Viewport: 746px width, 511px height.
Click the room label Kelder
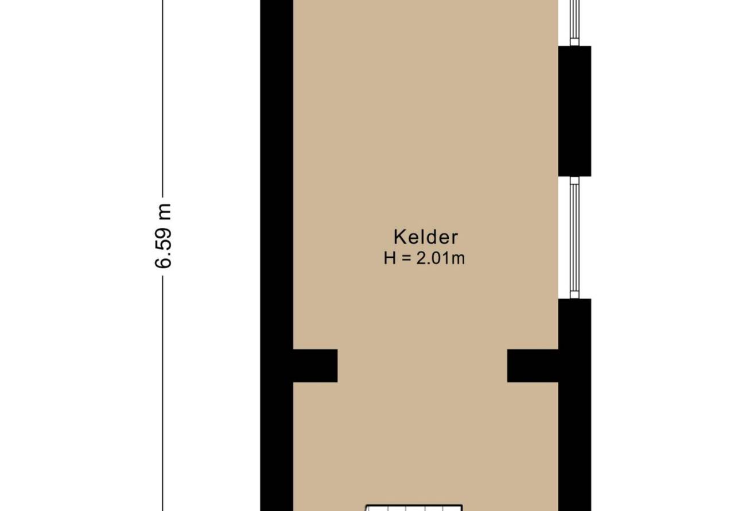tap(426, 237)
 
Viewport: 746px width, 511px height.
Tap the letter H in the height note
tap(390, 258)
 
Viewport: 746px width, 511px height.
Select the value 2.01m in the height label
tap(440, 258)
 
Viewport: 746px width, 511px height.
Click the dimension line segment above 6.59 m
tap(162, 98)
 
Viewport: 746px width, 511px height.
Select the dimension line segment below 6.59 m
tap(162, 393)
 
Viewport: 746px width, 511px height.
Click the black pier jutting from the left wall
tap(315, 366)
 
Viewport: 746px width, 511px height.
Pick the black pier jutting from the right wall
tap(533, 366)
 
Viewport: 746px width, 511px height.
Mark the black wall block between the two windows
tap(574, 111)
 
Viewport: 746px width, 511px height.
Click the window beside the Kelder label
tap(574, 238)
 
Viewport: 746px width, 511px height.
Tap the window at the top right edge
tap(574, 22)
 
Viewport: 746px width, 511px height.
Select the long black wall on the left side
tap(277, 255)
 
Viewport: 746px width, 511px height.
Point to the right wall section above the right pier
tap(574, 324)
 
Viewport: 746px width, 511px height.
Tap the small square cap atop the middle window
tap(574, 180)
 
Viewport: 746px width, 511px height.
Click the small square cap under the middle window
tap(574, 295)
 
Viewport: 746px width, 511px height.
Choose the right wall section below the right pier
tap(574, 446)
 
